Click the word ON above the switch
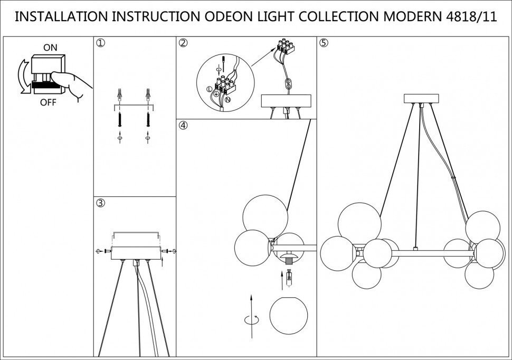pyautogui.click(x=50, y=48)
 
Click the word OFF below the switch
pyautogui.click(x=48, y=102)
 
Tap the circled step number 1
pyautogui.click(x=100, y=43)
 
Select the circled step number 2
pyautogui.click(x=183, y=43)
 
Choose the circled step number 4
pyautogui.click(x=183, y=126)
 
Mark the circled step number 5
pyautogui.click(x=324, y=43)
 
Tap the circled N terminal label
pyautogui.click(x=228, y=99)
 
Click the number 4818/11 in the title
pyautogui.click(x=468, y=16)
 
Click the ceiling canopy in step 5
pyautogui.click(x=421, y=99)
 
